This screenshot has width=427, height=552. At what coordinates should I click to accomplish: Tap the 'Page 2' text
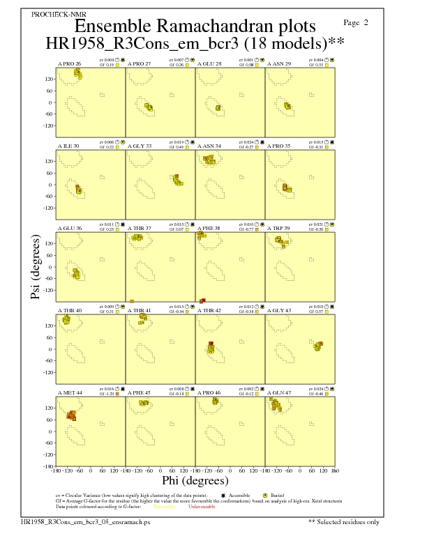click(x=357, y=22)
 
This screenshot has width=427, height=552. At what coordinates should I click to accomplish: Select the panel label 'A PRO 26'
click(x=69, y=63)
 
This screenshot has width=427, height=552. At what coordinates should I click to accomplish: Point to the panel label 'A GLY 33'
click(x=139, y=146)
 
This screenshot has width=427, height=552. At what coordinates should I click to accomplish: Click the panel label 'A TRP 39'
click(x=280, y=227)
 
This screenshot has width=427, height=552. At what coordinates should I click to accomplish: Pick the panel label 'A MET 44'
click(x=70, y=393)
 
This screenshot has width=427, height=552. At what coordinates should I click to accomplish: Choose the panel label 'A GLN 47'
click(x=280, y=393)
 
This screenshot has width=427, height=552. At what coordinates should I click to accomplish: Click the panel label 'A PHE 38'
click(x=209, y=227)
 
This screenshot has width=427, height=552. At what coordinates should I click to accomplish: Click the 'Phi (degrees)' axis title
click(x=195, y=481)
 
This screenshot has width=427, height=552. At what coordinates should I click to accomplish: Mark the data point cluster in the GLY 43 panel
click(x=317, y=346)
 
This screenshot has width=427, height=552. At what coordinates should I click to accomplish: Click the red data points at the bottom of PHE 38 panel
click(x=202, y=300)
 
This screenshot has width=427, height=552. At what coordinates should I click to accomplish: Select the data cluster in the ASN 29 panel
click(x=287, y=106)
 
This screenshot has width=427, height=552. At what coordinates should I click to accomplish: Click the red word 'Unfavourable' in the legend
click(x=202, y=507)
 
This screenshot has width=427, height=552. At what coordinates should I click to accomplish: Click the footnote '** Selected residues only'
click(x=344, y=521)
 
